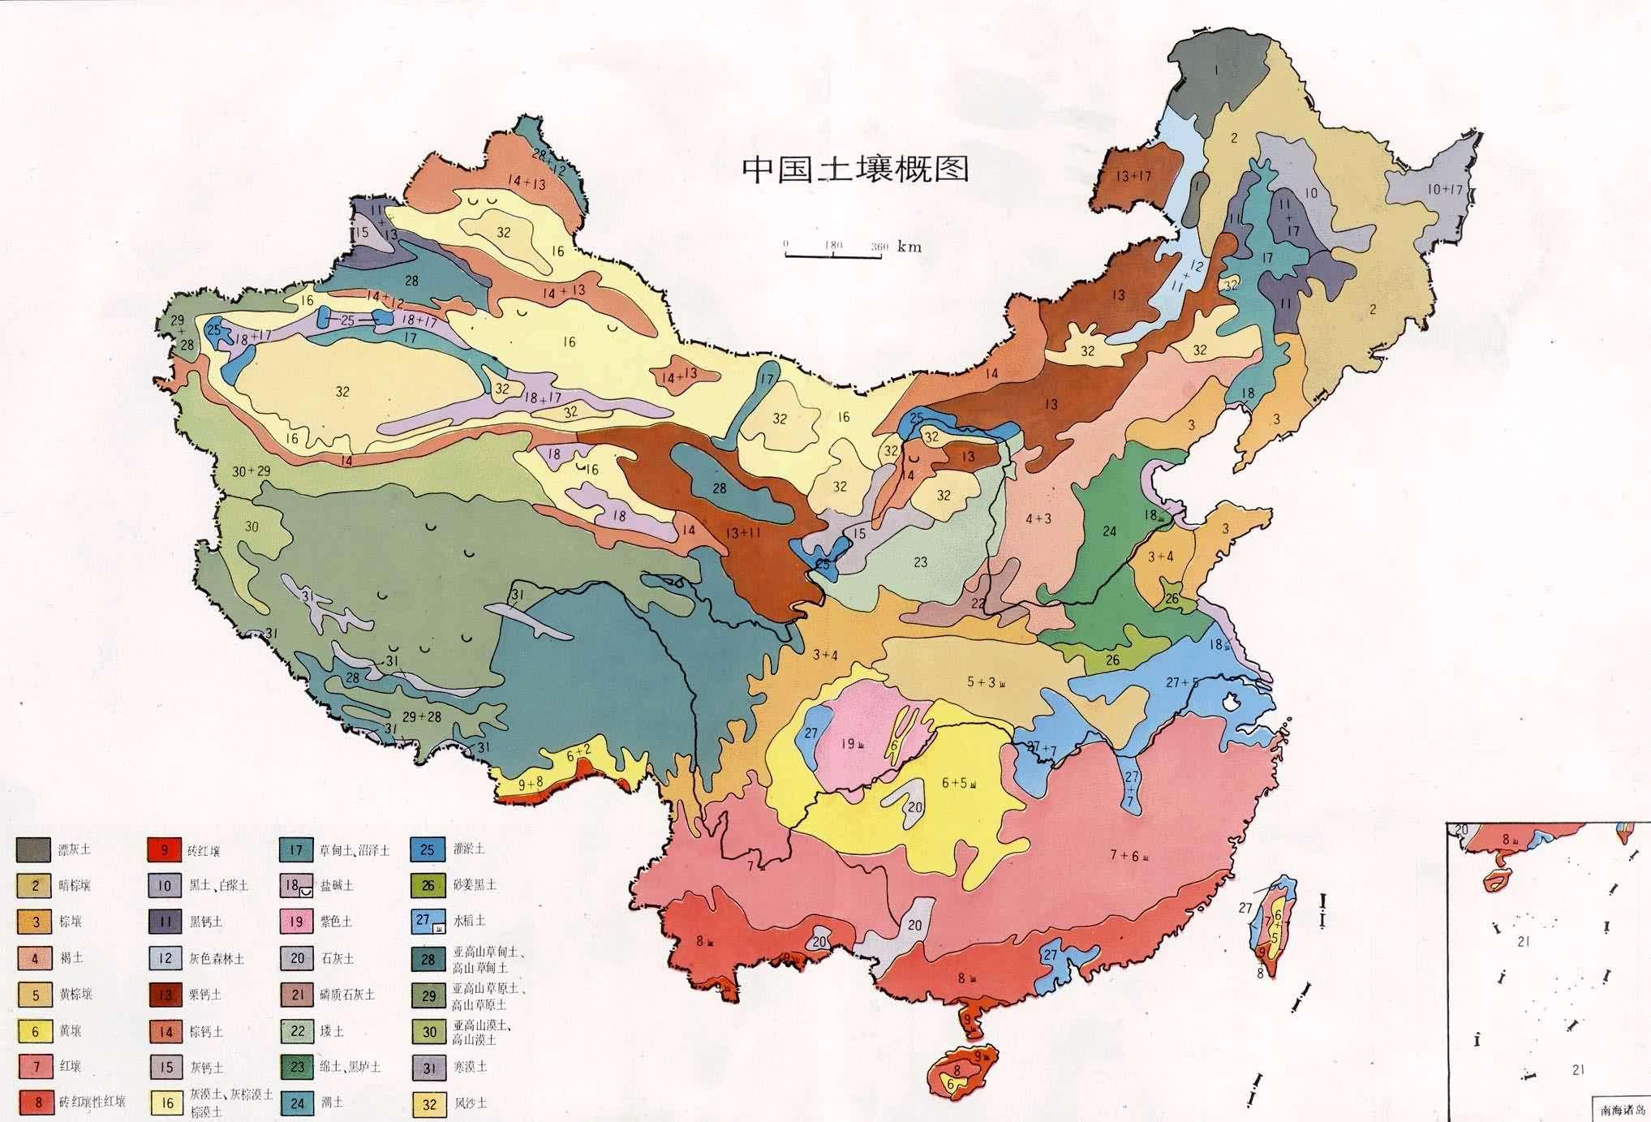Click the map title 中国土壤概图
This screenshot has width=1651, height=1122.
point(855,170)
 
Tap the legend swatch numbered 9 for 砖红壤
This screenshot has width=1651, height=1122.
point(165,850)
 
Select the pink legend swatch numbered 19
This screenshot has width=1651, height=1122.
point(297,922)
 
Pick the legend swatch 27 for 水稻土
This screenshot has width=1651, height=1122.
point(428,922)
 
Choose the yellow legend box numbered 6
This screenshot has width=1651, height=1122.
point(35,1031)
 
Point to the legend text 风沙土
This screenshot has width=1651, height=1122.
point(471,1103)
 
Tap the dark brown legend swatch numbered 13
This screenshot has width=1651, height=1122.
point(165,995)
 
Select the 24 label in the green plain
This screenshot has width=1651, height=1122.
point(1110,531)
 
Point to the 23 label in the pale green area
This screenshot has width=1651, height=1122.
point(919,562)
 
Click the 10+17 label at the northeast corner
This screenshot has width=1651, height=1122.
point(1444,190)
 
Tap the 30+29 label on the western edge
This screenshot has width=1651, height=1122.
point(252,471)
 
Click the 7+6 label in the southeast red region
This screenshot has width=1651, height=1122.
point(1127,854)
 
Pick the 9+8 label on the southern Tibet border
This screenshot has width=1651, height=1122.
point(531,784)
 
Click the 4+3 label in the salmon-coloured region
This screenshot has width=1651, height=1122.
point(1038,518)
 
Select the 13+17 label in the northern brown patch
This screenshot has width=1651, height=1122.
point(1133,176)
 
